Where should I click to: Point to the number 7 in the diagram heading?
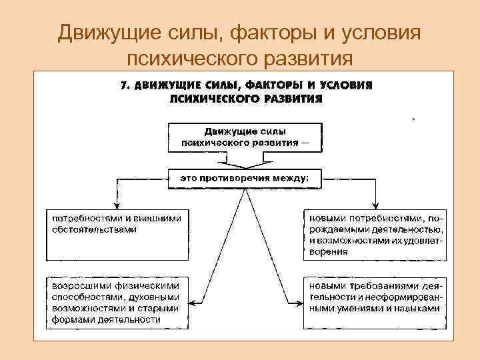(x=123, y=86)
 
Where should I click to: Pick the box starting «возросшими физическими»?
(x=118, y=302)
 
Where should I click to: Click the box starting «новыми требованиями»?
(x=375, y=302)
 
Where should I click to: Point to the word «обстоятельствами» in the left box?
(x=93, y=229)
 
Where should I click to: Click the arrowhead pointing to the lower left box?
(x=194, y=303)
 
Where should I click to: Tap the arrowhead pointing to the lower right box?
(x=298, y=303)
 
